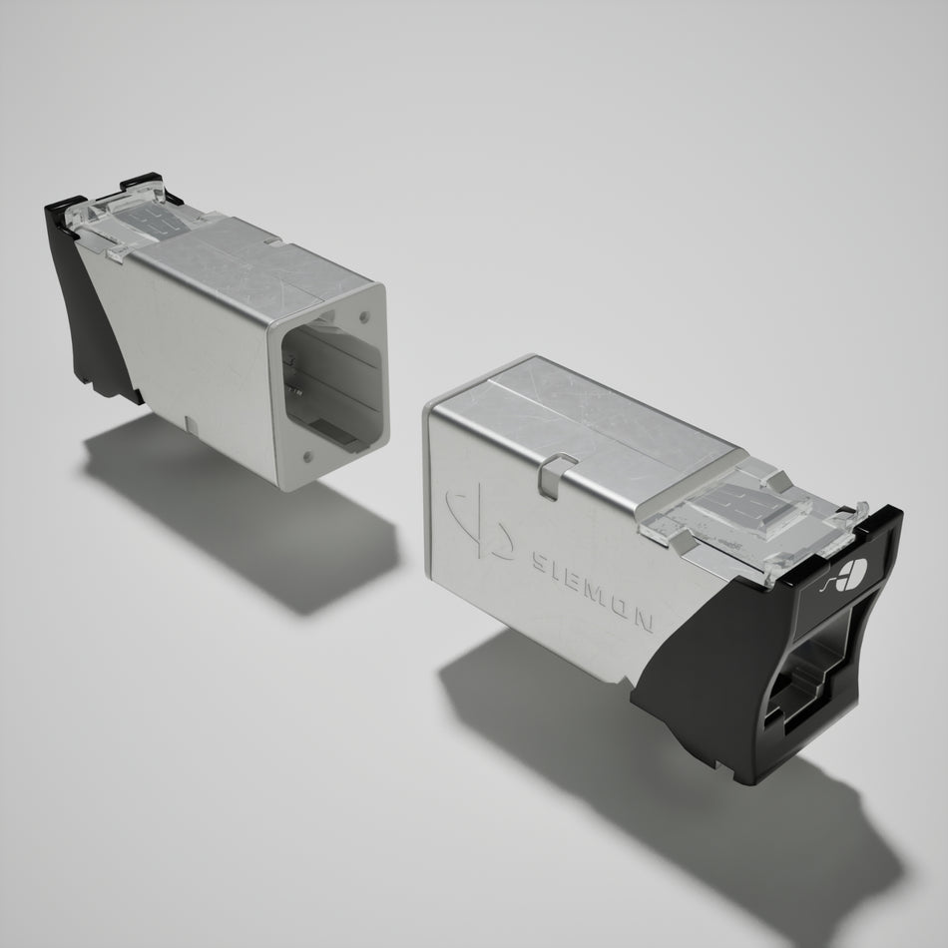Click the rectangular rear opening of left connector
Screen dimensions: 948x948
(332, 378)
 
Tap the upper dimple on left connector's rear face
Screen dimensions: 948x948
(363, 315)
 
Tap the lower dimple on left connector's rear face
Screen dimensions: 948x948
(307, 455)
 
